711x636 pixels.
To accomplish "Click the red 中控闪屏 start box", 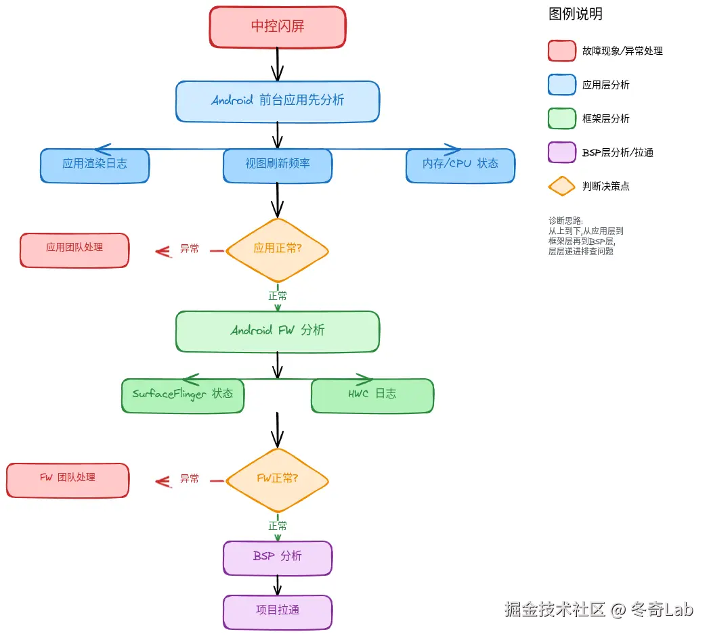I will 278,27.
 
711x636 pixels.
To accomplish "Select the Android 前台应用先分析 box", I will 278,101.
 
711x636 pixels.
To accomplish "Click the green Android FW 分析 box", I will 278,332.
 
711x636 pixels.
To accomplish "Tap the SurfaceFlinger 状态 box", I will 183,395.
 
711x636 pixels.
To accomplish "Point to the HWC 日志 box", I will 372,395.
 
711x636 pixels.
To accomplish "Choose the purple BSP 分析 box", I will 278,558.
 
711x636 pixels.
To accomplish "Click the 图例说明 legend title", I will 575,14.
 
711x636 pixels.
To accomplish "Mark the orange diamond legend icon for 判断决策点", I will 561,186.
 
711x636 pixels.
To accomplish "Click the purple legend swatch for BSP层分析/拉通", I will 561,152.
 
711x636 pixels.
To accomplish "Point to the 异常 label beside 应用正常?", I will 190,249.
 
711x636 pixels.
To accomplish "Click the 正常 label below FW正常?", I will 278,526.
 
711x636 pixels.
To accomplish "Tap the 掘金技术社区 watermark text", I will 555,610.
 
